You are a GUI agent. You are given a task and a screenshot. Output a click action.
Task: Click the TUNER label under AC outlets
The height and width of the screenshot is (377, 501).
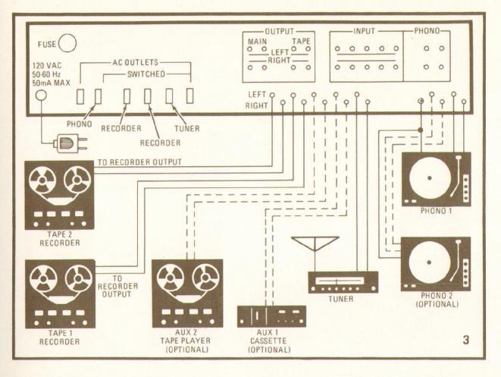[x=185, y=129]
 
